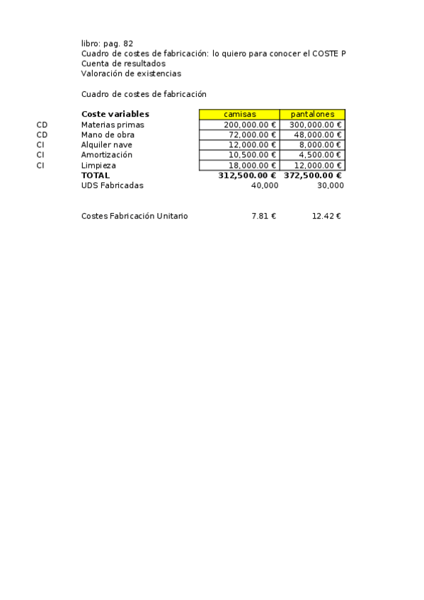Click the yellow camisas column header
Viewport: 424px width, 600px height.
(x=239, y=115)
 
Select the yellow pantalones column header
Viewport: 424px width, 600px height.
(x=312, y=115)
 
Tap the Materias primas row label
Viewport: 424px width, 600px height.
(x=113, y=125)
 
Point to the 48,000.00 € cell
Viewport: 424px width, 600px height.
(x=318, y=134)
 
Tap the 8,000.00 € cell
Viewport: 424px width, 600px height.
(x=320, y=144)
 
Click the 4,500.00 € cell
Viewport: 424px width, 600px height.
(x=320, y=155)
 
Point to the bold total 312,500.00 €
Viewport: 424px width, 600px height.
(x=247, y=175)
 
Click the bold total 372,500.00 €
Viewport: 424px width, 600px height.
(x=313, y=175)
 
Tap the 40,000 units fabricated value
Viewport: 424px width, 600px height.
(x=265, y=185)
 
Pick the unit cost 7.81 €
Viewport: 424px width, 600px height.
(x=263, y=216)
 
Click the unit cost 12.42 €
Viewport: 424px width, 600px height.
(x=326, y=216)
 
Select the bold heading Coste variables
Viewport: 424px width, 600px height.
(x=115, y=114)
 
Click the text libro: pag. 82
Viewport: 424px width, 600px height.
(x=107, y=43)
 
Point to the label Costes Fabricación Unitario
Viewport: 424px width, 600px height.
(x=134, y=216)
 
